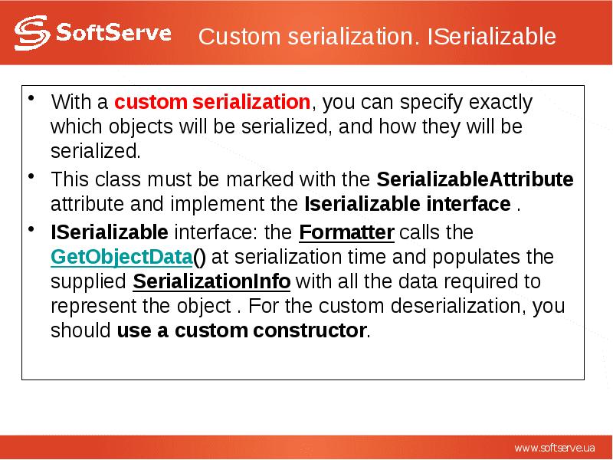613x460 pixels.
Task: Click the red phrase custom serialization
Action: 212,102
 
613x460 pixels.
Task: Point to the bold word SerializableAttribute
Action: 475,180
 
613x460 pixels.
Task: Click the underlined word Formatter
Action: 346,232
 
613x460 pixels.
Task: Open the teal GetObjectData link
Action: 120,257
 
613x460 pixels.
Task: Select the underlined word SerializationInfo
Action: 211,281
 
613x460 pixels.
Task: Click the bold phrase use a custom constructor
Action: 241,331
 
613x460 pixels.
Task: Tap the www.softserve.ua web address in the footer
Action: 554,447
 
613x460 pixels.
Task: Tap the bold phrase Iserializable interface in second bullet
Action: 408,205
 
